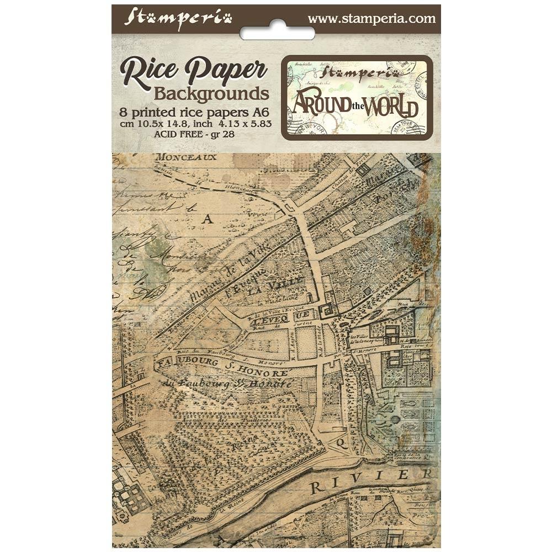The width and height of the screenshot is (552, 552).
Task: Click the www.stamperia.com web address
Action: tap(371, 18)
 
